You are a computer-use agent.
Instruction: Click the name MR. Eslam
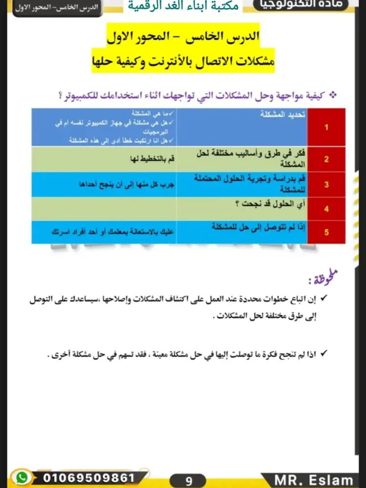click(314, 480)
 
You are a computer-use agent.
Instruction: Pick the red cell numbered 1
click(326, 127)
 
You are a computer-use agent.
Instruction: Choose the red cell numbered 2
click(326, 159)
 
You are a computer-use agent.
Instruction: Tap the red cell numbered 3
click(326, 184)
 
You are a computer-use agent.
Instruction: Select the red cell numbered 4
click(326, 209)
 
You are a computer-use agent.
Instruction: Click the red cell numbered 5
click(326, 232)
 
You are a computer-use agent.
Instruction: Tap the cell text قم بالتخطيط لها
click(151, 159)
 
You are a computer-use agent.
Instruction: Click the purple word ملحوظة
click(324, 279)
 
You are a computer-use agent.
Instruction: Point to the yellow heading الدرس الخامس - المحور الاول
click(183, 36)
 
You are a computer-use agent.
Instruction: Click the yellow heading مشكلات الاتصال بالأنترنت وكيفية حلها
click(183, 61)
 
